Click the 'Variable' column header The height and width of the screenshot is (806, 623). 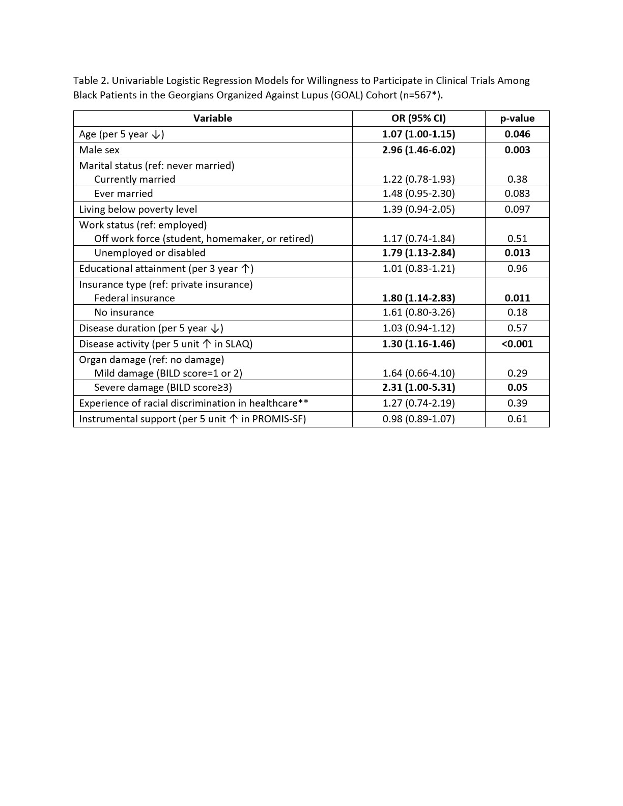(212, 119)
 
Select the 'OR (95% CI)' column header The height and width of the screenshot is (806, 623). (418, 119)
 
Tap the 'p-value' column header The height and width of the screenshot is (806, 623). (517, 119)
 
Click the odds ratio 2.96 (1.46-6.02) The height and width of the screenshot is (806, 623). (418, 150)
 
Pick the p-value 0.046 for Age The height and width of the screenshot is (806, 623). (517, 134)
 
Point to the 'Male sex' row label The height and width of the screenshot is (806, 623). (99, 150)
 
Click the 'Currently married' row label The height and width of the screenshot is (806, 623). (134, 179)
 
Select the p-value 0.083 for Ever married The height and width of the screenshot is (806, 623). (517, 193)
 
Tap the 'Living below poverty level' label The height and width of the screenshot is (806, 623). (138, 209)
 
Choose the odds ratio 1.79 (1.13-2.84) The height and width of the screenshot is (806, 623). (418, 253)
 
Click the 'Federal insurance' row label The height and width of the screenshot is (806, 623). (134, 298)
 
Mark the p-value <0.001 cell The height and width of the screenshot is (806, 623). (517, 344)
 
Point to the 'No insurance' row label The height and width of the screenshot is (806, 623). (124, 312)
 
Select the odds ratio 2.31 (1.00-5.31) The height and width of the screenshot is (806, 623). (418, 387)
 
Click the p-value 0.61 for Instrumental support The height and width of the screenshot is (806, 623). (517, 419)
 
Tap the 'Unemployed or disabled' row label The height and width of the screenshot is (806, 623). (150, 253)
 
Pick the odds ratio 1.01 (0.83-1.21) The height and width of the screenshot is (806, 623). (418, 269)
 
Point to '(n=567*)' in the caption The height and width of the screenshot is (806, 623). (421, 95)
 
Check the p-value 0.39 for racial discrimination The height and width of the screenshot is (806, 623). (517, 403)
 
